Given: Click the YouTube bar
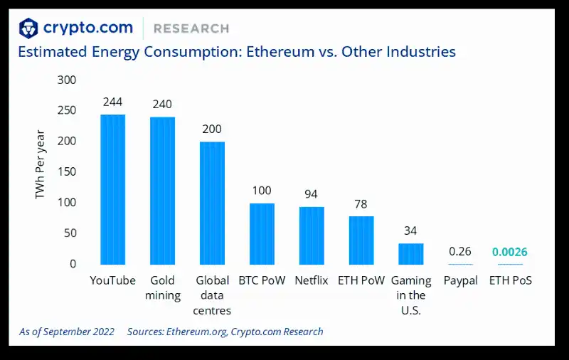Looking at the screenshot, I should pyautogui.click(x=112, y=189).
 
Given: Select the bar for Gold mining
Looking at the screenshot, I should pyautogui.click(x=162, y=191).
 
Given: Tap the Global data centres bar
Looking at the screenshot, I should pyautogui.click(x=212, y=203).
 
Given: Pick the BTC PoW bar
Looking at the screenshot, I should pyautogui.click(x=262, y=233).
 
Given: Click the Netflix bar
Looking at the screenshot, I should pyautogui.click(x=312, y=235).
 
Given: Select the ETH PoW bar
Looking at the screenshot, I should pyautogui.click(x=361, y=240).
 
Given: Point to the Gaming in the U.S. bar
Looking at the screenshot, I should pyautogui.click(x=410, y=253).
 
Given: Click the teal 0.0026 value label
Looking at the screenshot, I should pyautogui.click(x=510, y=253).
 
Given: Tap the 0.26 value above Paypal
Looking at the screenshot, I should pyautogui.click(x=460, y=252).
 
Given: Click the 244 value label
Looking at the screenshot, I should pyautogui.click(x=112, y=102).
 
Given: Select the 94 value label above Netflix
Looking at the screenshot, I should pyautogui.click(x=312, y=194).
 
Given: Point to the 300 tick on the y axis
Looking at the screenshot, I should pyautogui.click(x=67, y=80).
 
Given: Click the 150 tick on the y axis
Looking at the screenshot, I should pyautogui.click(x=67, y=172).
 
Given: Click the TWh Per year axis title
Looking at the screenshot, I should pyautogui.click(x=41, y=164).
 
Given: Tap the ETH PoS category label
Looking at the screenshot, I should pyautogui.click(x=510, y=280).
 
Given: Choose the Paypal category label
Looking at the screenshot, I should pyautogui.click(x=460, y=280).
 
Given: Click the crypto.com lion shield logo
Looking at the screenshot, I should pyautogui.click(x=28, y=28).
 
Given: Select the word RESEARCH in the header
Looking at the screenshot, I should pyautogui.click(x=191, y=28).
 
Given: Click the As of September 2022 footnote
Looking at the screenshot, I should pyautogui.click(x=66, y=332).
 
